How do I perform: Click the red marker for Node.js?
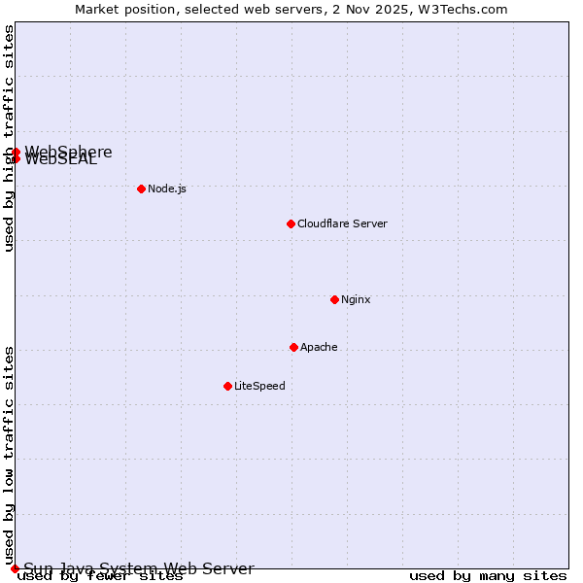click(141, 189)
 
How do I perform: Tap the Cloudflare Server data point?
click(291, 223)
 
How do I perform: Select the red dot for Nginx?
click(334, 299)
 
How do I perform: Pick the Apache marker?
click(293, 347)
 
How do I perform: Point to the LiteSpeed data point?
click(227, 386)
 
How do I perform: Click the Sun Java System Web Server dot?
click(15, 568)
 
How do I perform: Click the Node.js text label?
click(167, 189)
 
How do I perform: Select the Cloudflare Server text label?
click(342, 223)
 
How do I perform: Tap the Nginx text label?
click(356, 299)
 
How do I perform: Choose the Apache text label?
click(319, 347)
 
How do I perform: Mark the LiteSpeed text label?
click(259, 386)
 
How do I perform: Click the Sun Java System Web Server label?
click(139, 569)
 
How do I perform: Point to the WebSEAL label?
click(61, 160)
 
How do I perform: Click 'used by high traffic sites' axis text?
click(10, 138)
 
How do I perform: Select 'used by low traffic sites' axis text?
click(10, 447)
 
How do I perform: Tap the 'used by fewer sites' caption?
click(100, 576)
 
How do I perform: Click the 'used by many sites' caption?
click(488, 576)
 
